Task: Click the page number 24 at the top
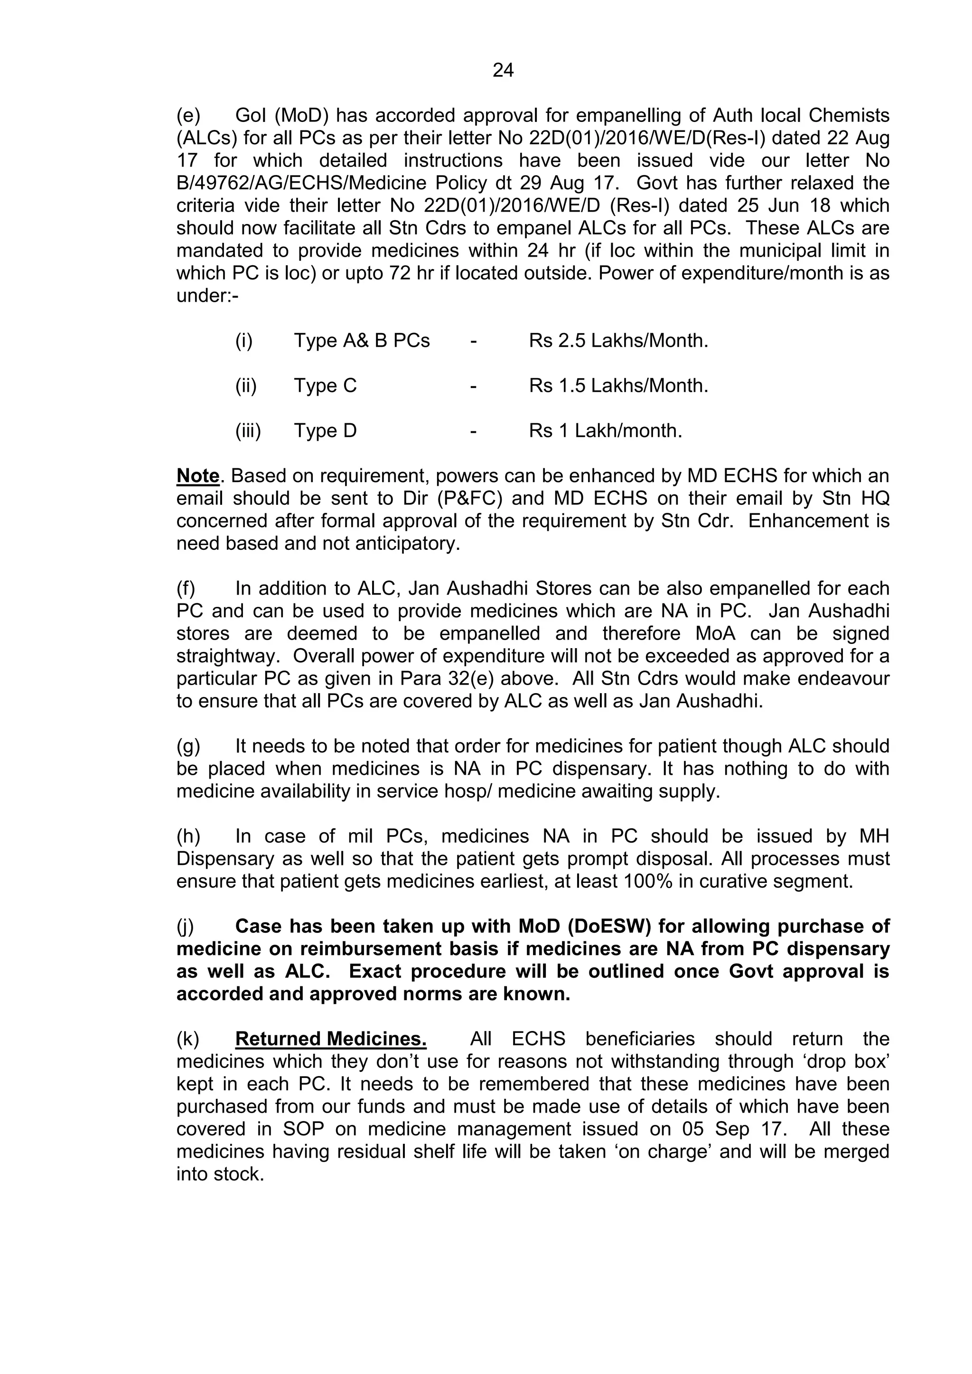[x=503, y=71]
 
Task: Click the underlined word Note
[x=198, y=476]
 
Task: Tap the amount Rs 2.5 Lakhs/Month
[x=618, y=341]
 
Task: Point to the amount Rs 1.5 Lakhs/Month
[x=618, y=385]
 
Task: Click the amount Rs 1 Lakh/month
[x=605, y=431]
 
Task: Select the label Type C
[x=325, y=385]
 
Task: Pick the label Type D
[x=325, y=431]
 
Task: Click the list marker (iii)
[x=248, y=431]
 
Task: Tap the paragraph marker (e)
[x=188, y=115]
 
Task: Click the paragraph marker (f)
[x=186, y=588]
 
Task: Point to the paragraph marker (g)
[x=188, y=746]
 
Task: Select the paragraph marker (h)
[x=188, y=836]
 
